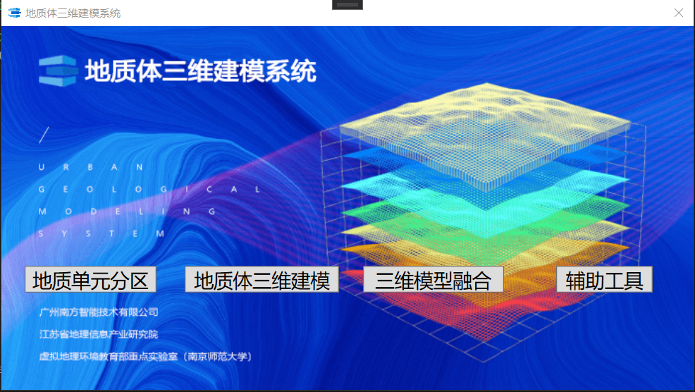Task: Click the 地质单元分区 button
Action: [x=90, y=279]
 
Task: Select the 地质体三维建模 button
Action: [x=262, y=279]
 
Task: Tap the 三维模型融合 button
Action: [x=433, y=279]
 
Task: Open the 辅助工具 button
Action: [x=604, y=279]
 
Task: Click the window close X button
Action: [x=679, y=13]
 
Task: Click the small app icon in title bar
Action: [x=15, y=13]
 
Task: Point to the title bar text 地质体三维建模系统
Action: [x=73, y=13]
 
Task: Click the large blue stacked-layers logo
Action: [x=58, y=71]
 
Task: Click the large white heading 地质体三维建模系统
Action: [x=200, y=71]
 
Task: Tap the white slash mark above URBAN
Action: [x=44, y=135]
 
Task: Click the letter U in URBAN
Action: [x=41, y=167]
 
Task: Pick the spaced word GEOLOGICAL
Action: [x=149, y=190]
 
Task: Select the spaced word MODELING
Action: [x=127, y=212]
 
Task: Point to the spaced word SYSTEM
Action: [x=102, y=233]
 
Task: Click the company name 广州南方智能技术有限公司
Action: [x=99, y=312]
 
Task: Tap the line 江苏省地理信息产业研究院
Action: [x=99, y=334]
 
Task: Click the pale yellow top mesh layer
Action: [x=486, y=133]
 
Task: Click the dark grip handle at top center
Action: [x=347, y=5]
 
